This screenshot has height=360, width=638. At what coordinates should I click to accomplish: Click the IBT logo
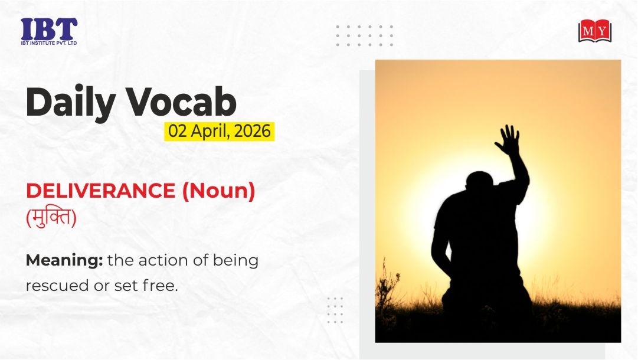coord(49,31)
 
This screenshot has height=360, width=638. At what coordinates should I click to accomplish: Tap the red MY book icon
coord(595,31)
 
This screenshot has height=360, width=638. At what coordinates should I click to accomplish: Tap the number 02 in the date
coord(178,132)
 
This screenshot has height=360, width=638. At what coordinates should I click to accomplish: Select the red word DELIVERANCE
coord(100,191)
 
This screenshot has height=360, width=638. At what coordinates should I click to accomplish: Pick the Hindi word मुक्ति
coord(51,217)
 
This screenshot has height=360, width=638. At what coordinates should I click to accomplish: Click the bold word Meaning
coord(64,261)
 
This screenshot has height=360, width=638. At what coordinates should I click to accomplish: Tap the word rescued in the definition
coord(57,286)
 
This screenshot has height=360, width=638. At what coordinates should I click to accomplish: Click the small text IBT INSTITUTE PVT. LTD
coord(49,43)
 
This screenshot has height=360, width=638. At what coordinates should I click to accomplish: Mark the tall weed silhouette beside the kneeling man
coord(387,293)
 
